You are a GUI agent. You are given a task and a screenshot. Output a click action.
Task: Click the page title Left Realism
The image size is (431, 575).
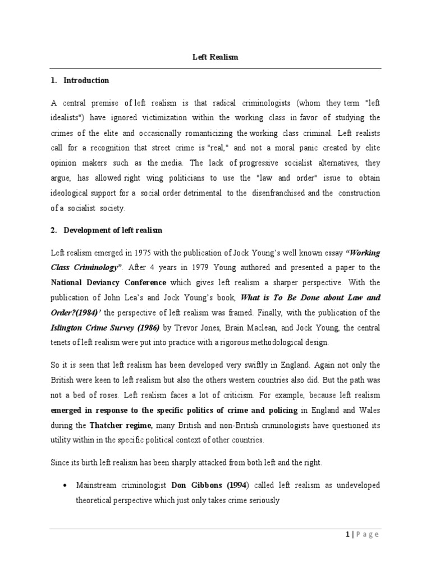click(x=215, y=58)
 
